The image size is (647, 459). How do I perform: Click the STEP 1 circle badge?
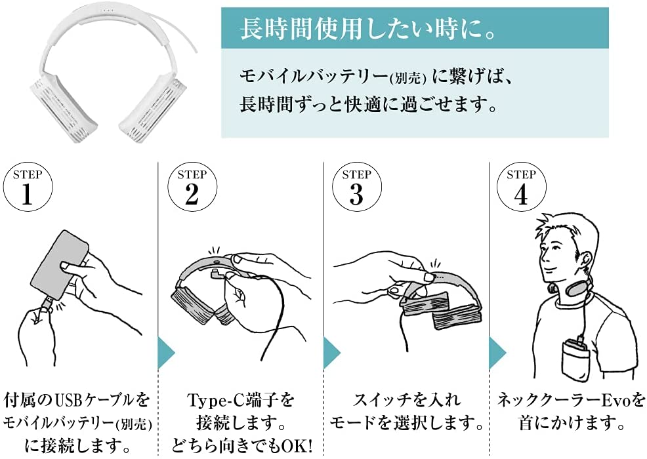28,188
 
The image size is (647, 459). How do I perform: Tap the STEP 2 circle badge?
192,188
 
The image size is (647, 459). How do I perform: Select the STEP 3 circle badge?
356,188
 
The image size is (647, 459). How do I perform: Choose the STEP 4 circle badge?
521,188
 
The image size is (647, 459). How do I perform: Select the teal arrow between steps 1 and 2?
166,353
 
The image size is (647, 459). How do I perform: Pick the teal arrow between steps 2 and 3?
332,353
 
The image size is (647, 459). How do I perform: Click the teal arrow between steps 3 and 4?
497,353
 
